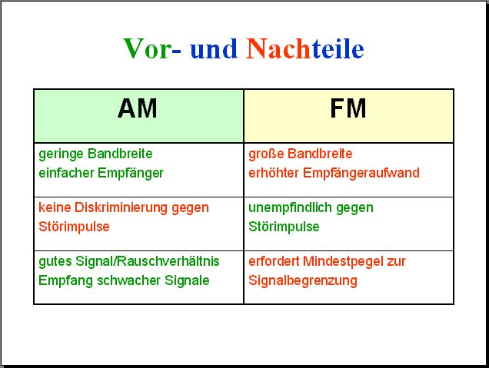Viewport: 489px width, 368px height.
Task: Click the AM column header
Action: point(137,108)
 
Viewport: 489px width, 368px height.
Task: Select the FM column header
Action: point(348,108)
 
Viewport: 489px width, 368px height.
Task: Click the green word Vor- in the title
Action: point(152,48)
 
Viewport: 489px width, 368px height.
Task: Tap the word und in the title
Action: point(214,49)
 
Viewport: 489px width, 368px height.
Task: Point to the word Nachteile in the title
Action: point(304,48)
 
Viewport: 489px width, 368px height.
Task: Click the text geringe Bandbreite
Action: point(95,154)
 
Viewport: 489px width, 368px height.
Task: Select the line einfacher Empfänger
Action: point(101,174)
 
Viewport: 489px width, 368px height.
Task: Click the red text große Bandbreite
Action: point(301,154)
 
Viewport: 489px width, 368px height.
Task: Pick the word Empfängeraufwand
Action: point(361,174)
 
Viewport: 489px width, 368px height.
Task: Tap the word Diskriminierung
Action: point(121,208)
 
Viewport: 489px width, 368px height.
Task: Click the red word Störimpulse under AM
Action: point(74,227)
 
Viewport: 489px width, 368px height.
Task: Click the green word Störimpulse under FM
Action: point(284,227)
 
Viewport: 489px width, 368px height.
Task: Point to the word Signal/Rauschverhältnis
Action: point(148,261)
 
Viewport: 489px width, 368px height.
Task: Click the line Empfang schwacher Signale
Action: point(124,280)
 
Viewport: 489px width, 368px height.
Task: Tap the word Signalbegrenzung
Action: point(303,280)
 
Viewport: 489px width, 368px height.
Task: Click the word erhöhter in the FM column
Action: point(274,173)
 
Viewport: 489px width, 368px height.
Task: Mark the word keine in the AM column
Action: point(55,207)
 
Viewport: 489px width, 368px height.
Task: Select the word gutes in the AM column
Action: point(55,262)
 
